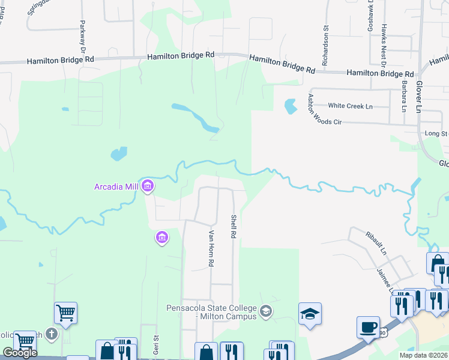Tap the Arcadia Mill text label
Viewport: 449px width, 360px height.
click(x=116, y=186)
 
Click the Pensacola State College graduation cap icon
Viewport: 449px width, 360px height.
click(x=310, y=314)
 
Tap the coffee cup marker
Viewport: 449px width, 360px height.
click(x=367, y=328)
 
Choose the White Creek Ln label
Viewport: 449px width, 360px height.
click(x=351, y=106)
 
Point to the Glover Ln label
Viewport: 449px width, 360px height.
click(x=419, y=96)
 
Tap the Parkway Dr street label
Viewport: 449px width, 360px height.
click(x=82, y=37)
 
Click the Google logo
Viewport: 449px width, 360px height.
click(x=20, y=353)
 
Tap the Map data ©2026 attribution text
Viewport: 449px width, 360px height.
click(x=423, y=355)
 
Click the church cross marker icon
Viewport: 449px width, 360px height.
click(x=52, y=334)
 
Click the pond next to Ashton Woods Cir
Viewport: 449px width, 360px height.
click(x=290, y=106)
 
